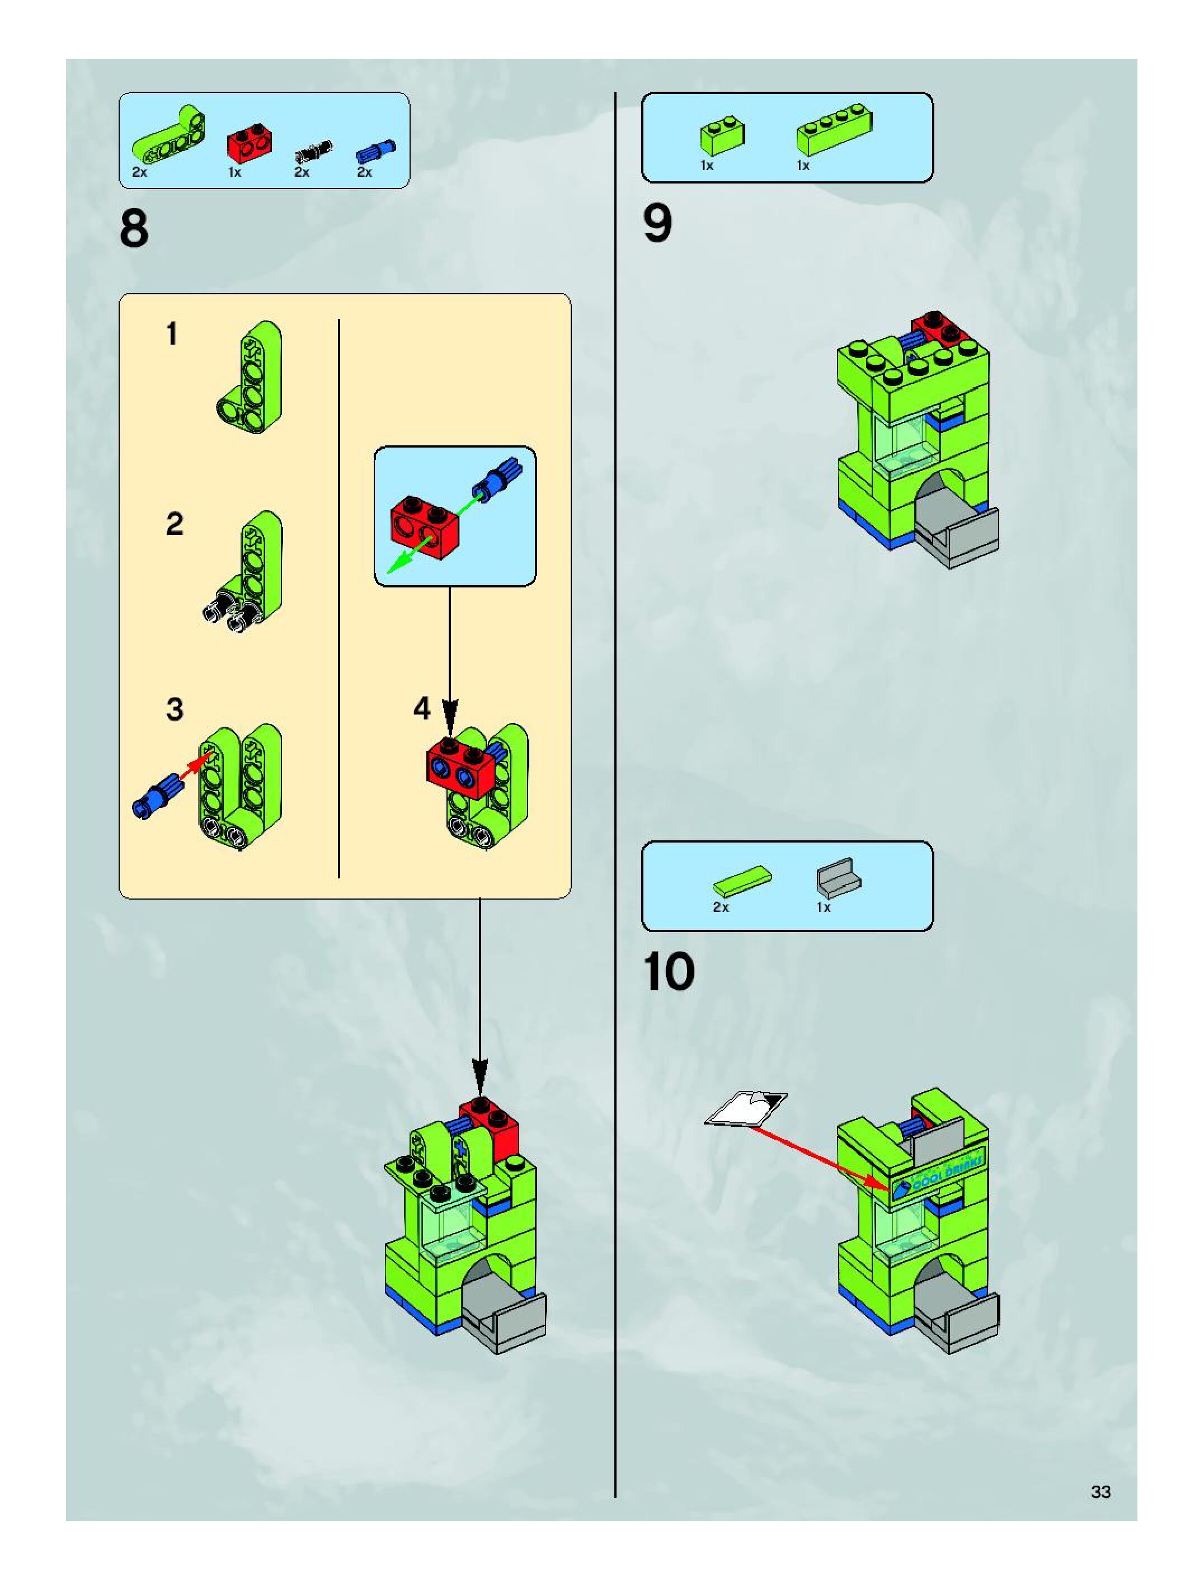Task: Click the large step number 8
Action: [x=134, y=230]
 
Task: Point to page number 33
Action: [x=1100, y=1492]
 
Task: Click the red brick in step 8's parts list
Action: [x=249, y=143]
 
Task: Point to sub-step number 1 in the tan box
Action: [x=172, y=334]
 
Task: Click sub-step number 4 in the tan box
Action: [x=422, y=709]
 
